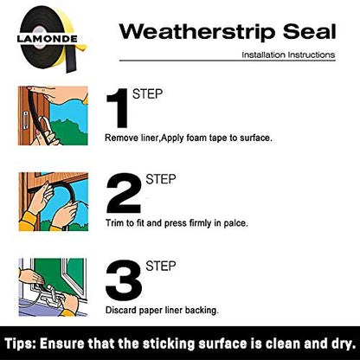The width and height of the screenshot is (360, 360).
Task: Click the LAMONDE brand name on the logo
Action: [x=47, y=39]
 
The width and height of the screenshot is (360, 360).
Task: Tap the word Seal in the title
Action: [x=310, y=31]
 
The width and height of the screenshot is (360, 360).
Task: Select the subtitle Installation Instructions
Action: [x=288, y=55]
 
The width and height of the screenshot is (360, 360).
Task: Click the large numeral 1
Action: [x=119, y=108]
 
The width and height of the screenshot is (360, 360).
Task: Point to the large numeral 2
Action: [x=124, y=194]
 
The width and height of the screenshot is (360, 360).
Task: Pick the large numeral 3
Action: [x=124, y=280]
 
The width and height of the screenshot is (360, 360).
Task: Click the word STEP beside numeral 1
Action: [x=147, y=94]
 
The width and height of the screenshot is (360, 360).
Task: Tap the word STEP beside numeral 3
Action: [x=161, y=266]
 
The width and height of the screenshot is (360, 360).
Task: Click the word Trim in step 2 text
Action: [x=114, y=223]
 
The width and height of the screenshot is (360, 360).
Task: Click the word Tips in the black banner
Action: [x=20, y=344]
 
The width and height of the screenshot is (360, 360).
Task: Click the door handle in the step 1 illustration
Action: [x=26, y=120]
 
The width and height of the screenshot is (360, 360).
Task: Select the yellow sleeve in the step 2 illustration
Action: [x=28, y=222]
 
